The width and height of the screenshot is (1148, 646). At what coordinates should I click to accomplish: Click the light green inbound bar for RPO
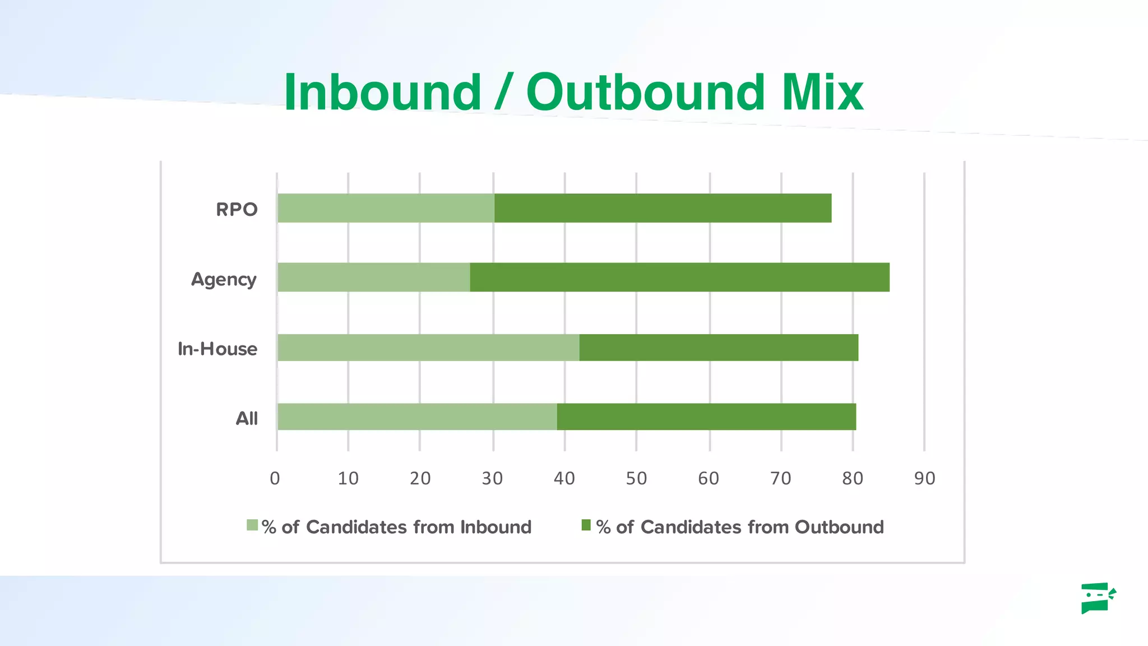pyautogui.click(x=386, y=208)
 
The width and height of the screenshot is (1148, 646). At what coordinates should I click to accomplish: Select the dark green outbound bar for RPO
pyautogui.click(x=663, y=208)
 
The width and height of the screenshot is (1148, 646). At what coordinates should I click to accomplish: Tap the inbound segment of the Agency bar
pyautogui.click(x=373, y=277)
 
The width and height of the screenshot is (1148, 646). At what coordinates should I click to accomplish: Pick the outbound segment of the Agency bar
pyautogui.click(x=679, y=277)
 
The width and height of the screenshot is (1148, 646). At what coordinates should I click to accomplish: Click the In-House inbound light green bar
pyautogui.click(x=428, y=348)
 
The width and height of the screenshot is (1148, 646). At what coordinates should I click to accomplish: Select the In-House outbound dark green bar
pyautogui.click(x=719, y=348)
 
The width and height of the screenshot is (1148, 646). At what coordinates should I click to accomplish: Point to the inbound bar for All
pyautogui.click(x=417, y=417)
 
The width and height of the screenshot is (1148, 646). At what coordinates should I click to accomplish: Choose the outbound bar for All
pyautogui.click(x=706, y=417)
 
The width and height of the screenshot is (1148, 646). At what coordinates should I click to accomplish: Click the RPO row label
pyautogui.click(x=237, y=210)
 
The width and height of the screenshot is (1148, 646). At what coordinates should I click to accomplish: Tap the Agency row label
pyautogui.click(x=224, y=279)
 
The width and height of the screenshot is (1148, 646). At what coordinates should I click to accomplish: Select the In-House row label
pyautogui.click(x=217, y=349)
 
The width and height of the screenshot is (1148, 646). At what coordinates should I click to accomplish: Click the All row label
pyautogui.click(x=247, y=418)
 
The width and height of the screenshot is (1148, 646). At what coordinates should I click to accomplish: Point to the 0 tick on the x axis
pyautogui.click(x=275, y=478)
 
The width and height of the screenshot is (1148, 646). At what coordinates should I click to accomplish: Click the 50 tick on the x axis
pyautogui.click(x=636, y=478)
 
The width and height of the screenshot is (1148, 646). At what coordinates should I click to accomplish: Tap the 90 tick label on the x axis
pyautogui.click(x=924, y=478)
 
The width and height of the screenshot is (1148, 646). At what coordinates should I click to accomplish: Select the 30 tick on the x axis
pyautogui.click(x=492, y=478)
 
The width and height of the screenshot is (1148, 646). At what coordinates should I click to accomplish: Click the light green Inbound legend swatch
pyautogui.click(x=252, y=525)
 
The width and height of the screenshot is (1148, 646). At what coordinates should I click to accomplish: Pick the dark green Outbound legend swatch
pyautogui.click(x=586, y=525)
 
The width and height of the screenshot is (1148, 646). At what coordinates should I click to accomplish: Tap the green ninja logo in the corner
pyautogui.click(x=1098, y=598)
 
